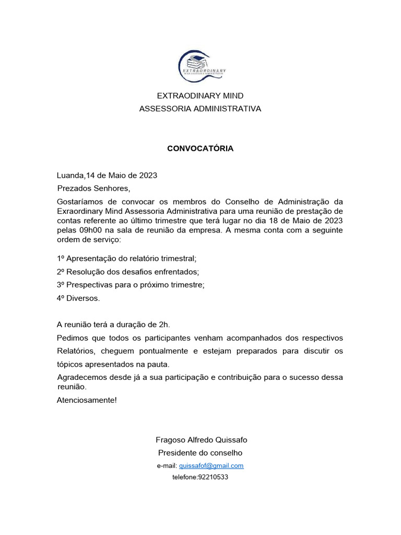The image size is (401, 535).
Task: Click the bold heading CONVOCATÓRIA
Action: tap(200, 148)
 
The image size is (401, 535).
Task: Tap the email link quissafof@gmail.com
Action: tap(211, 466)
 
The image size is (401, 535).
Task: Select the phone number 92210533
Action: tap(213, 477)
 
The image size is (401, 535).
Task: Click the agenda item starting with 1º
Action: tap(126, 259)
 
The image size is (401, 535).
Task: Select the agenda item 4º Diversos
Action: tap(78, 298)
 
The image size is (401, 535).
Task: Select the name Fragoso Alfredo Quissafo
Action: tap(200, 440)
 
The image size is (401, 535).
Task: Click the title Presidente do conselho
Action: tap(200, 452)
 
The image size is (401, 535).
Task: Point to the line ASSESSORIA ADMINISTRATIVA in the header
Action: tap(200, 109)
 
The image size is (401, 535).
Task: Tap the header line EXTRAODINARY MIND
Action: tap(200, 96)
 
